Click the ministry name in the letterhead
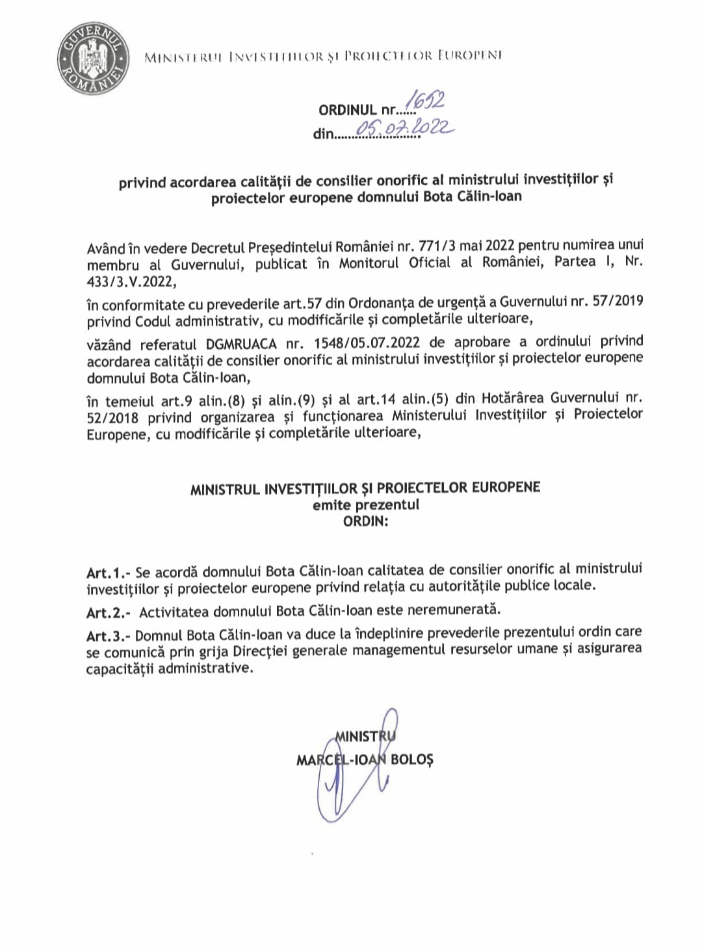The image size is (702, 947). [x=323, y=57]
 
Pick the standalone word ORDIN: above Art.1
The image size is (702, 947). [x=365, y=521]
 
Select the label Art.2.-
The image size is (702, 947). [x=109, y=612]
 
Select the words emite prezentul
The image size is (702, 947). [x=365, y=505]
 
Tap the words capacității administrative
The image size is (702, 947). [x=168, y=668]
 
